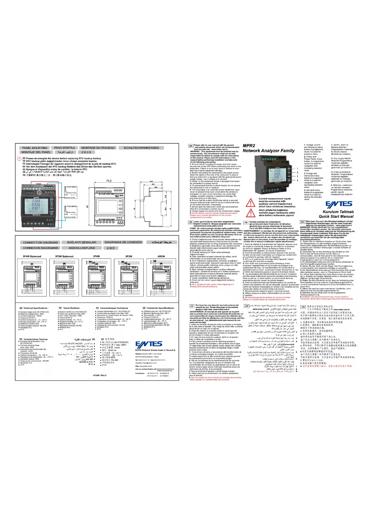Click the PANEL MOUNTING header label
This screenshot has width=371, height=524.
tap(35, 148)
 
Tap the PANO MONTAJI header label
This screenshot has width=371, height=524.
tap(65, 148)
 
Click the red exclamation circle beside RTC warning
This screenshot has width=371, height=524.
tap(19, 159)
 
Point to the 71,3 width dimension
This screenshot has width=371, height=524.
tap(109, 181)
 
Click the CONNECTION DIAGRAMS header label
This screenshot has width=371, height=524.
tap(40, 243)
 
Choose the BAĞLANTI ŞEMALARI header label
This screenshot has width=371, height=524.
tap(82, 243)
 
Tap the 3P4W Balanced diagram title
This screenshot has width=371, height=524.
tap(32, 256)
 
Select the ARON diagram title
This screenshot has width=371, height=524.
tap(161, 256)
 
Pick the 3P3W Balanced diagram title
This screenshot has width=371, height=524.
tap(64, 256)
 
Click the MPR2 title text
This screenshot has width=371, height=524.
tap(249, 146)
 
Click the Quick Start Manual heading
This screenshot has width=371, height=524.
tap(336, 216)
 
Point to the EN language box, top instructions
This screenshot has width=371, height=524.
tap(191, 146)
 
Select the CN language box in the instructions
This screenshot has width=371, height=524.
tap(303, 307)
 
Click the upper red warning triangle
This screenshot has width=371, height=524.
tap(250, 203)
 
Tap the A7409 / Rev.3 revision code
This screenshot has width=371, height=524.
tap(100, 375)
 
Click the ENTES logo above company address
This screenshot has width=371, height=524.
tap(149, 344)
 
